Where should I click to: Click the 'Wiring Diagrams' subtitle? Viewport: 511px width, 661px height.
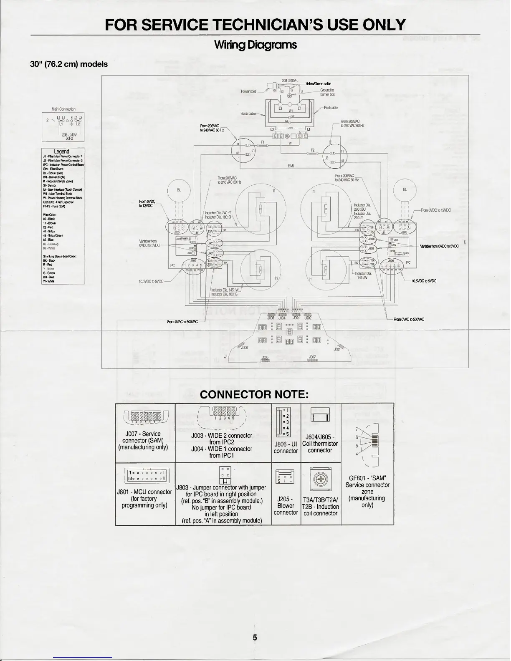pos(255,45)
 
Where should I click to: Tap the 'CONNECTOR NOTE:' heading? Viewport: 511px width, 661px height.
pos(254,394)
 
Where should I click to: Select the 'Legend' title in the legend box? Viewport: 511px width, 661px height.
pos(61,151)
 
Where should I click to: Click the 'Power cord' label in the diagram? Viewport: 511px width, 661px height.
pos(248,91)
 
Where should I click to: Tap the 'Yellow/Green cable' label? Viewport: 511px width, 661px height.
pos(319,84)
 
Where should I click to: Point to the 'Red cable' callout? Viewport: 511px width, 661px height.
pos(331,107)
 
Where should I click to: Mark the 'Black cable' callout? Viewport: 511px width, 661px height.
pos(248,114)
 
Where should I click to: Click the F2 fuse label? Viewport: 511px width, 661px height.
pos(313,150)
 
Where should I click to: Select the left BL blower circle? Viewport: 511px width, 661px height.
pos(179,190)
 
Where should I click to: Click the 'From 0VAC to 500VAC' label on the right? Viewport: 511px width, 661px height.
pos(409,319)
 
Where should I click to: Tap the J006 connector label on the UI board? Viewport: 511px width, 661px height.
pos(245,347)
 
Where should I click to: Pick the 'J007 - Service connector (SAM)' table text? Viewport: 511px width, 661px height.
pos(145,440)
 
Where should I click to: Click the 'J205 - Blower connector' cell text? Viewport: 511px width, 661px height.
pos(286,505)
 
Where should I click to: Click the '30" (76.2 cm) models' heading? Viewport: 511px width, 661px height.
pos(69,64)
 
